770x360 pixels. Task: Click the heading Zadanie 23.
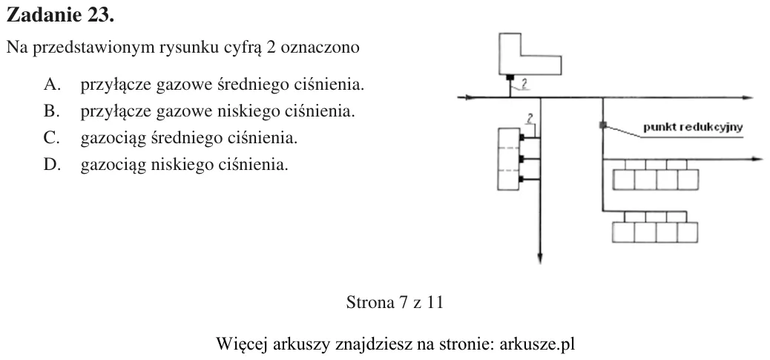[60, 16]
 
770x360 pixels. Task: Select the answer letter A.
[52, 85]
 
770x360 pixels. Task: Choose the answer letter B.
[51, 111]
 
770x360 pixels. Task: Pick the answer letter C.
[51, 138]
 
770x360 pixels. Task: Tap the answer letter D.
[52, 165]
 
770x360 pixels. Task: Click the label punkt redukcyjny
[693, 128]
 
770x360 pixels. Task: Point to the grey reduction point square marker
[603, 125]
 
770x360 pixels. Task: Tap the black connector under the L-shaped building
[510, 77]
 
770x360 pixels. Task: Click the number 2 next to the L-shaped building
[524, 84]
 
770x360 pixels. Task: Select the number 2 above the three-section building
[530, 118]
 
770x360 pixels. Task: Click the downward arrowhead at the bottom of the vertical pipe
[540, 258]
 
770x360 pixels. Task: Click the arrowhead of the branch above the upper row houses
[757, 159]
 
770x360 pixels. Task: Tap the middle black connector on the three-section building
[522, 159]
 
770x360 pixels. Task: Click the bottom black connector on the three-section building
[522, 180]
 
